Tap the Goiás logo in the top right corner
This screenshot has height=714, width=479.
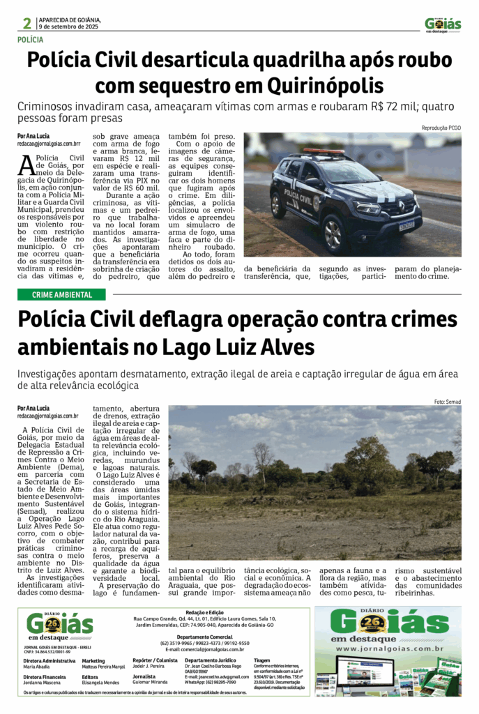click(x=443, y=24)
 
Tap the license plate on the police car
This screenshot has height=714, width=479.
click(x=406, y=225)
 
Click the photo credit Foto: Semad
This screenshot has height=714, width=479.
click(x=447, y=402)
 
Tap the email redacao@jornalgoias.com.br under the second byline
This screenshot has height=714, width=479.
click(x=47, y=416)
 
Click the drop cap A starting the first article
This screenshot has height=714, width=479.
click(x=26, y=165)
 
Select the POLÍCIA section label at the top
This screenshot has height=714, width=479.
click(x=31, y=40)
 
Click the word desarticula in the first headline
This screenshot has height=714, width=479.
click(x=204, y=61)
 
